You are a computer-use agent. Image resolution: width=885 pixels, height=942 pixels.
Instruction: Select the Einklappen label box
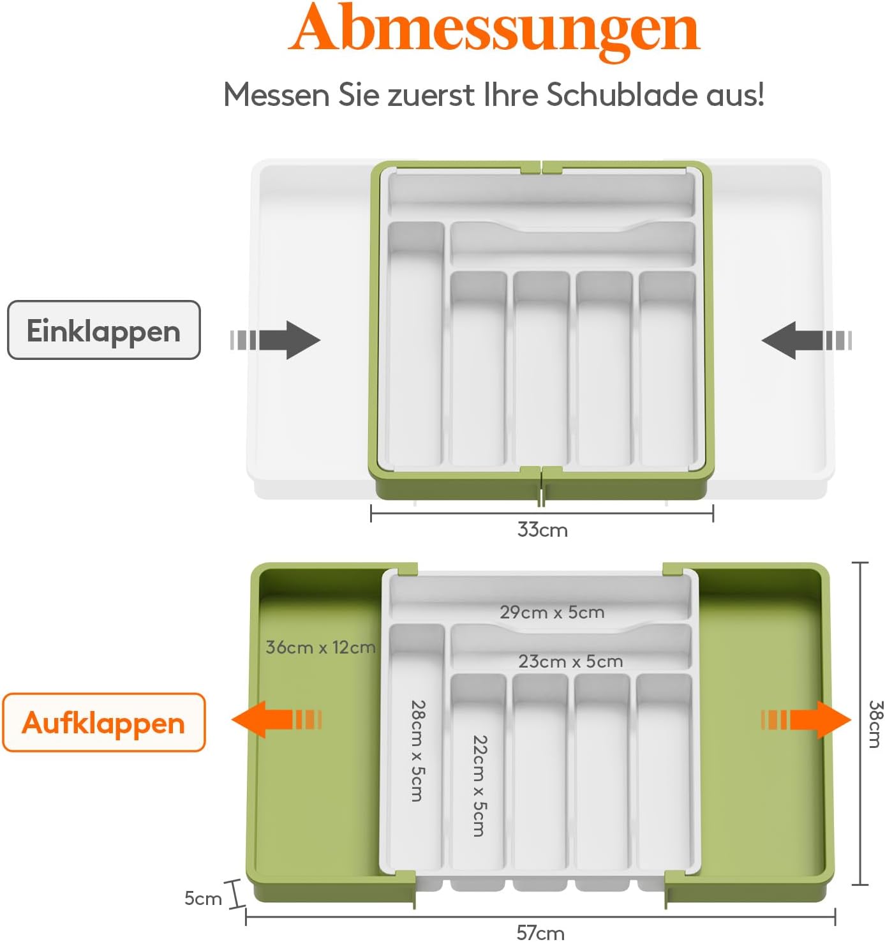(x=104, y=330)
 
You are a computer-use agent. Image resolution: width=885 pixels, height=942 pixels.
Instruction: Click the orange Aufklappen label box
(x=104, y=723)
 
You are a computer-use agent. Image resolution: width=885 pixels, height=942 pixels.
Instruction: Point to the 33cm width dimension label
(x=542, y=530)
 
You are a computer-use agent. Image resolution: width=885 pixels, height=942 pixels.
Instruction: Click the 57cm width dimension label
(x=540, y=933)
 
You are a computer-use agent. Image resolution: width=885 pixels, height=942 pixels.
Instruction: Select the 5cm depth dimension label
(x=203, y=899)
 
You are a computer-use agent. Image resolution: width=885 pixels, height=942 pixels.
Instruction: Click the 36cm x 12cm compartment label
(x=320, y=647)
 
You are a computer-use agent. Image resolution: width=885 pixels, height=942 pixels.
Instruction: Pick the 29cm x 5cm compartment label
(x=552, y=612)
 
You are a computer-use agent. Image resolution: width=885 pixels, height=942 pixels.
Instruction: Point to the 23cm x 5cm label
(x=570, y=661)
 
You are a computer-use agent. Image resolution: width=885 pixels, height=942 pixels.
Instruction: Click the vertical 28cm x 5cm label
(x=417, y=751)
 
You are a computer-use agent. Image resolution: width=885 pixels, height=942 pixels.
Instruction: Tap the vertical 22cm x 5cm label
(x=480, y=786)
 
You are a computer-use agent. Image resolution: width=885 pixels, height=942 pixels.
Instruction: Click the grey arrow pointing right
(x=275, y=340)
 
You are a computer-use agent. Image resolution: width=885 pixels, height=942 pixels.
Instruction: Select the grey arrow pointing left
(x=807, y=340)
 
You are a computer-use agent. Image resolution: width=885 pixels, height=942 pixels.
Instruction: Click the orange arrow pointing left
(x=277, y=719)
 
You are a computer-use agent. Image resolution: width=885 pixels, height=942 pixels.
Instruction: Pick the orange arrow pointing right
(x=806, y=719)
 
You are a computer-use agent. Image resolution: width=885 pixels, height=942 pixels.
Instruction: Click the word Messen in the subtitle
(x=276, y=94)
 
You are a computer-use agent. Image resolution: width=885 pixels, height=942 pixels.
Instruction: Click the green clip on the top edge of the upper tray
(x=541, y=167)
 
